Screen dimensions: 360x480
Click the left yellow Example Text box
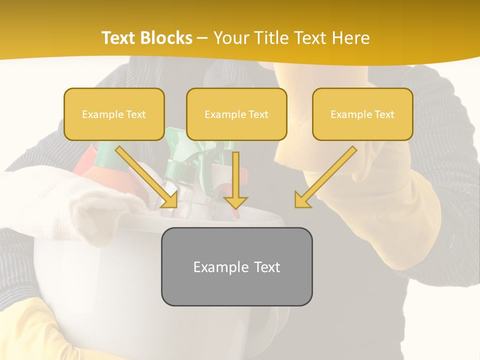(114, 114)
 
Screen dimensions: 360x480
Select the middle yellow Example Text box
(236, 114)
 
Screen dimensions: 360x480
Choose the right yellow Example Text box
(362, 114)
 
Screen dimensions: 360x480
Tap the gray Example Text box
(236, 266)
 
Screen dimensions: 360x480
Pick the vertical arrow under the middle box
(235, 177)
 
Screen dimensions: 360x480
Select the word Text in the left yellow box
(136, 114)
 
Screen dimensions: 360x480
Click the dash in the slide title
(202, 38)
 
